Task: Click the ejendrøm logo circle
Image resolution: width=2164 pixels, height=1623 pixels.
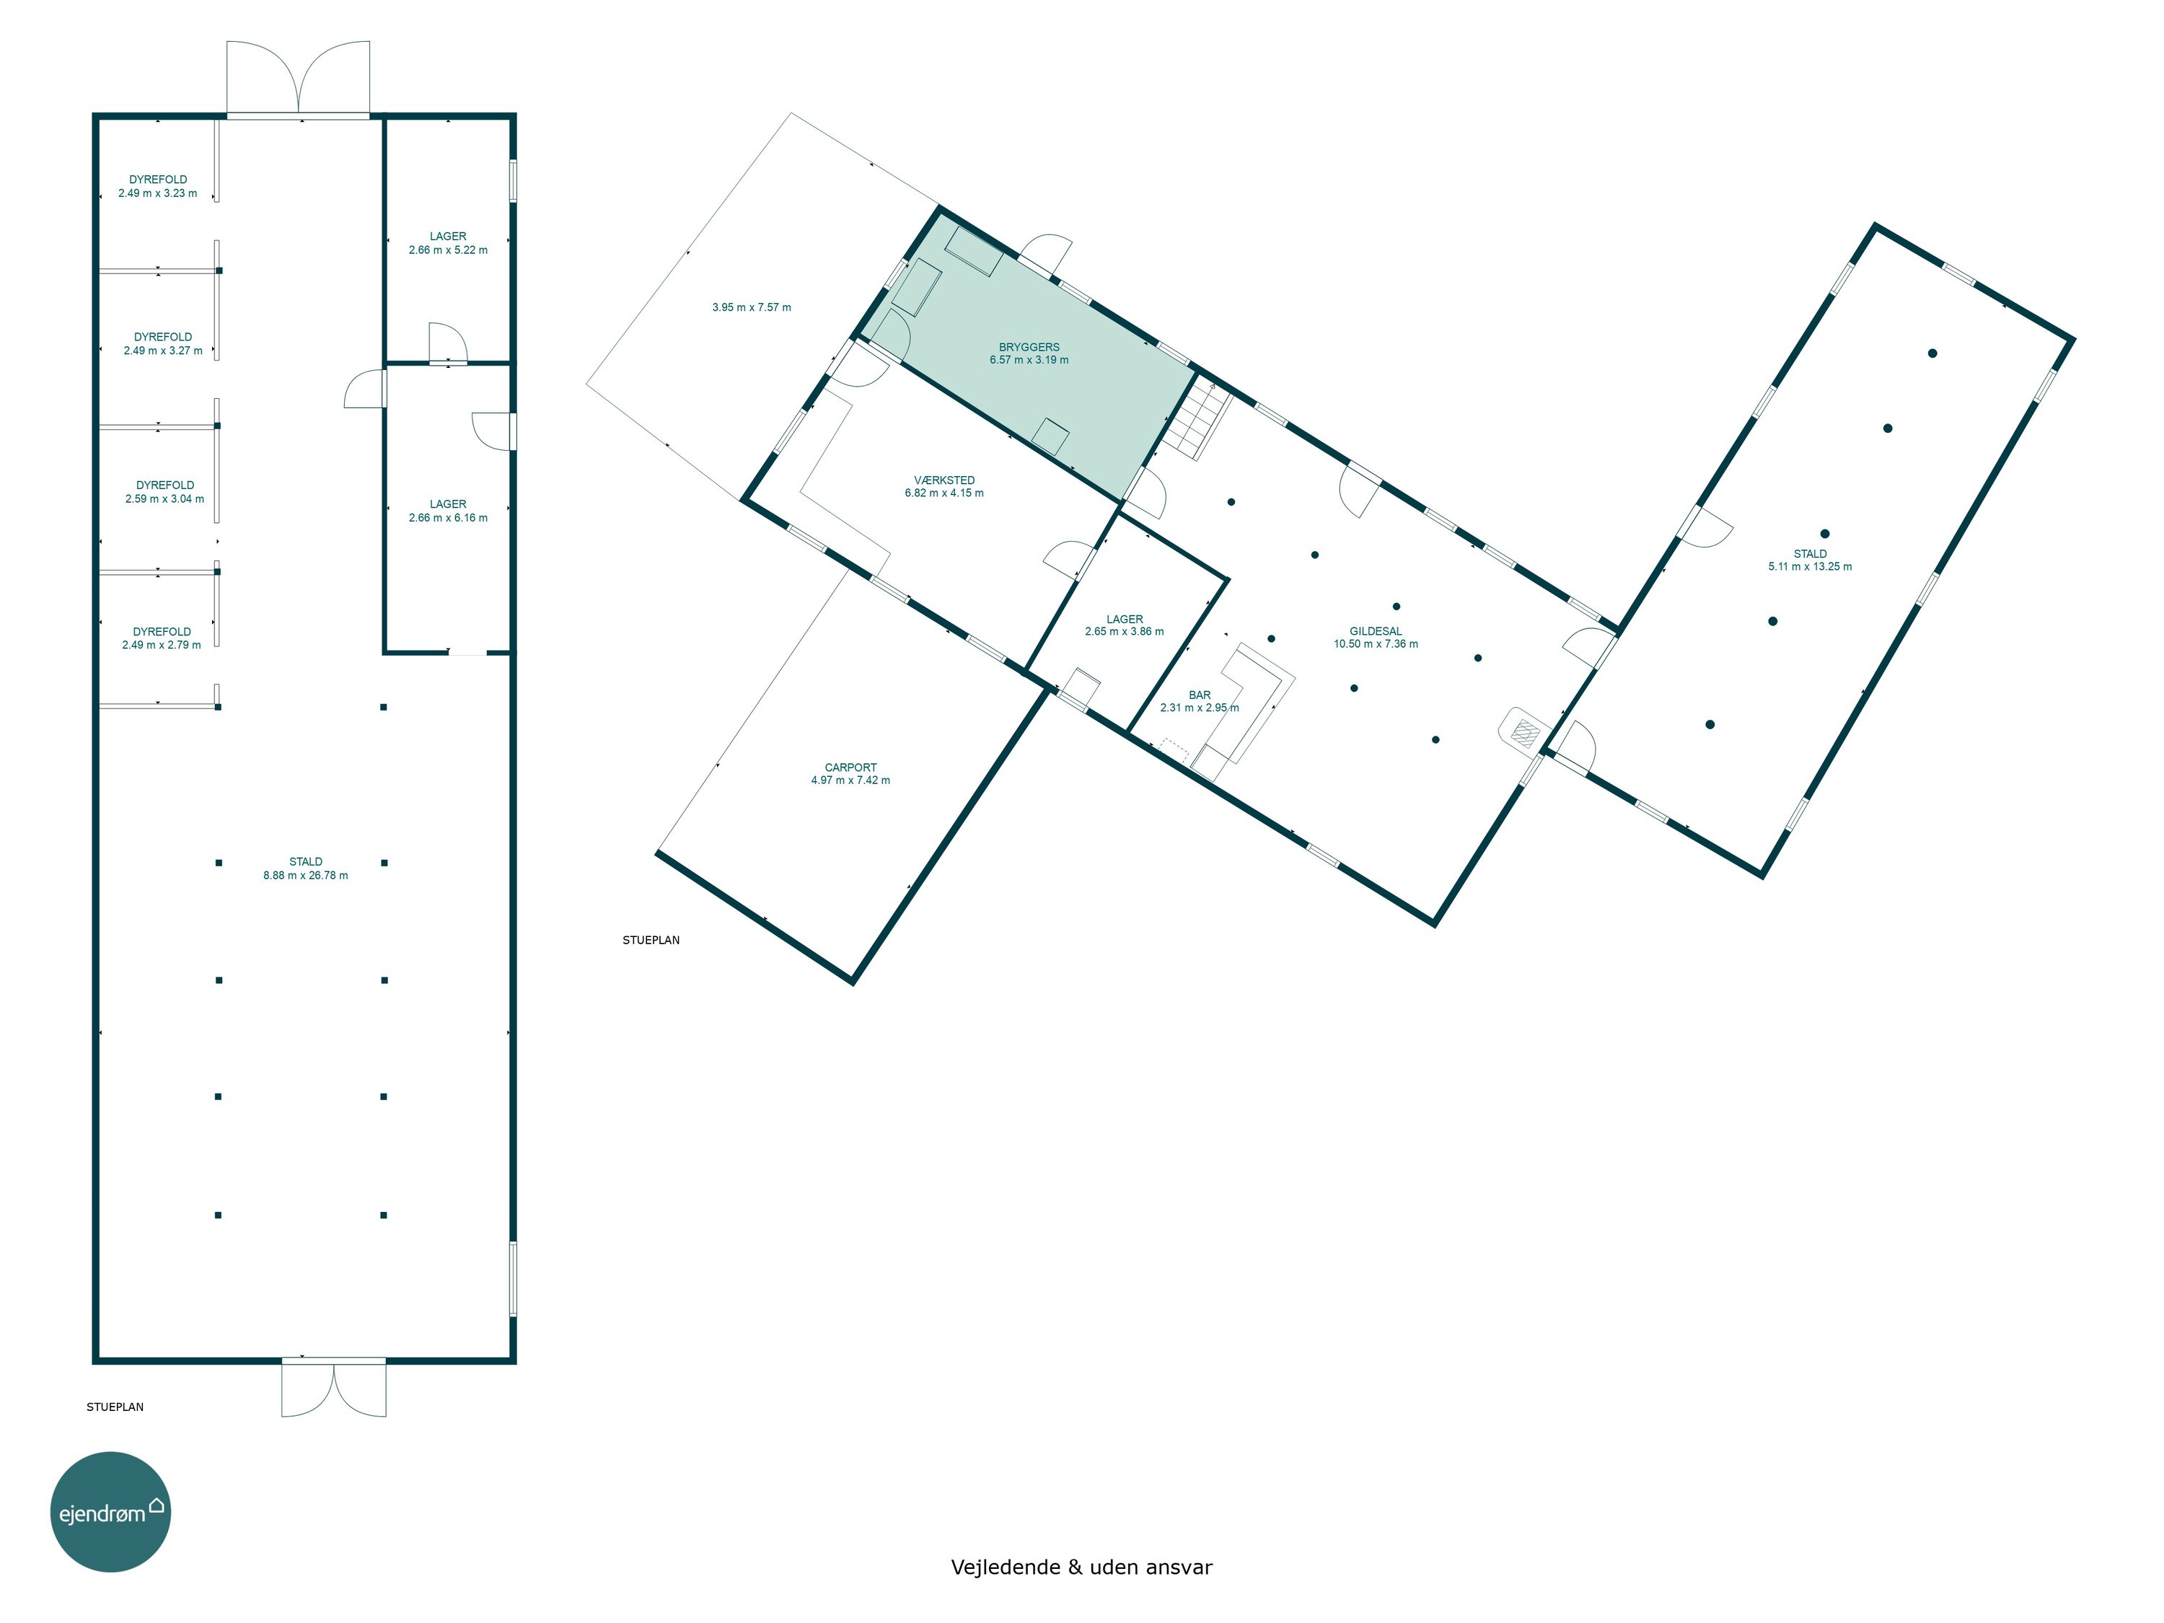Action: coord(110,1511)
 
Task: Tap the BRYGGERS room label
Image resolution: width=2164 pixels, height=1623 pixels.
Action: coord(1029,347)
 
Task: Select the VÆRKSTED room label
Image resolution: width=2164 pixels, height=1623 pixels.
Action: coord(944,480)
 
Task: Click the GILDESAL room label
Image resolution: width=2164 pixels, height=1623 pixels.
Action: coord(1376,632)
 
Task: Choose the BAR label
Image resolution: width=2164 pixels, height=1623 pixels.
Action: coord(1200,695)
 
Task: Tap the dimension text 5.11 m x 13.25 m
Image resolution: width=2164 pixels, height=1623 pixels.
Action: coord(1810,566)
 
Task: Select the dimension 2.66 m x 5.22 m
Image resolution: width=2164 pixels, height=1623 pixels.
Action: coord(448,250)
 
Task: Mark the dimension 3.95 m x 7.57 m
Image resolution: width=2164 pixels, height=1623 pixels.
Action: coord(752,307)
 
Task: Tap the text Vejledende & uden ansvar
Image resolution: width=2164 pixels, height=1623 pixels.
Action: coord(1081,1567)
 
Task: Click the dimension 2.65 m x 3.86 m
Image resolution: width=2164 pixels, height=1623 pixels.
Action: coord(1124,632)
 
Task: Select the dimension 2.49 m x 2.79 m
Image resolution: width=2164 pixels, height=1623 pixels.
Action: coord(162,646)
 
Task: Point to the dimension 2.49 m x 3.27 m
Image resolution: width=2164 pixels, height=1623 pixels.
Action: coord(163,351)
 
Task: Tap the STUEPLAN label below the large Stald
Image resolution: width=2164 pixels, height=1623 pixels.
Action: coord(115,1407)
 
